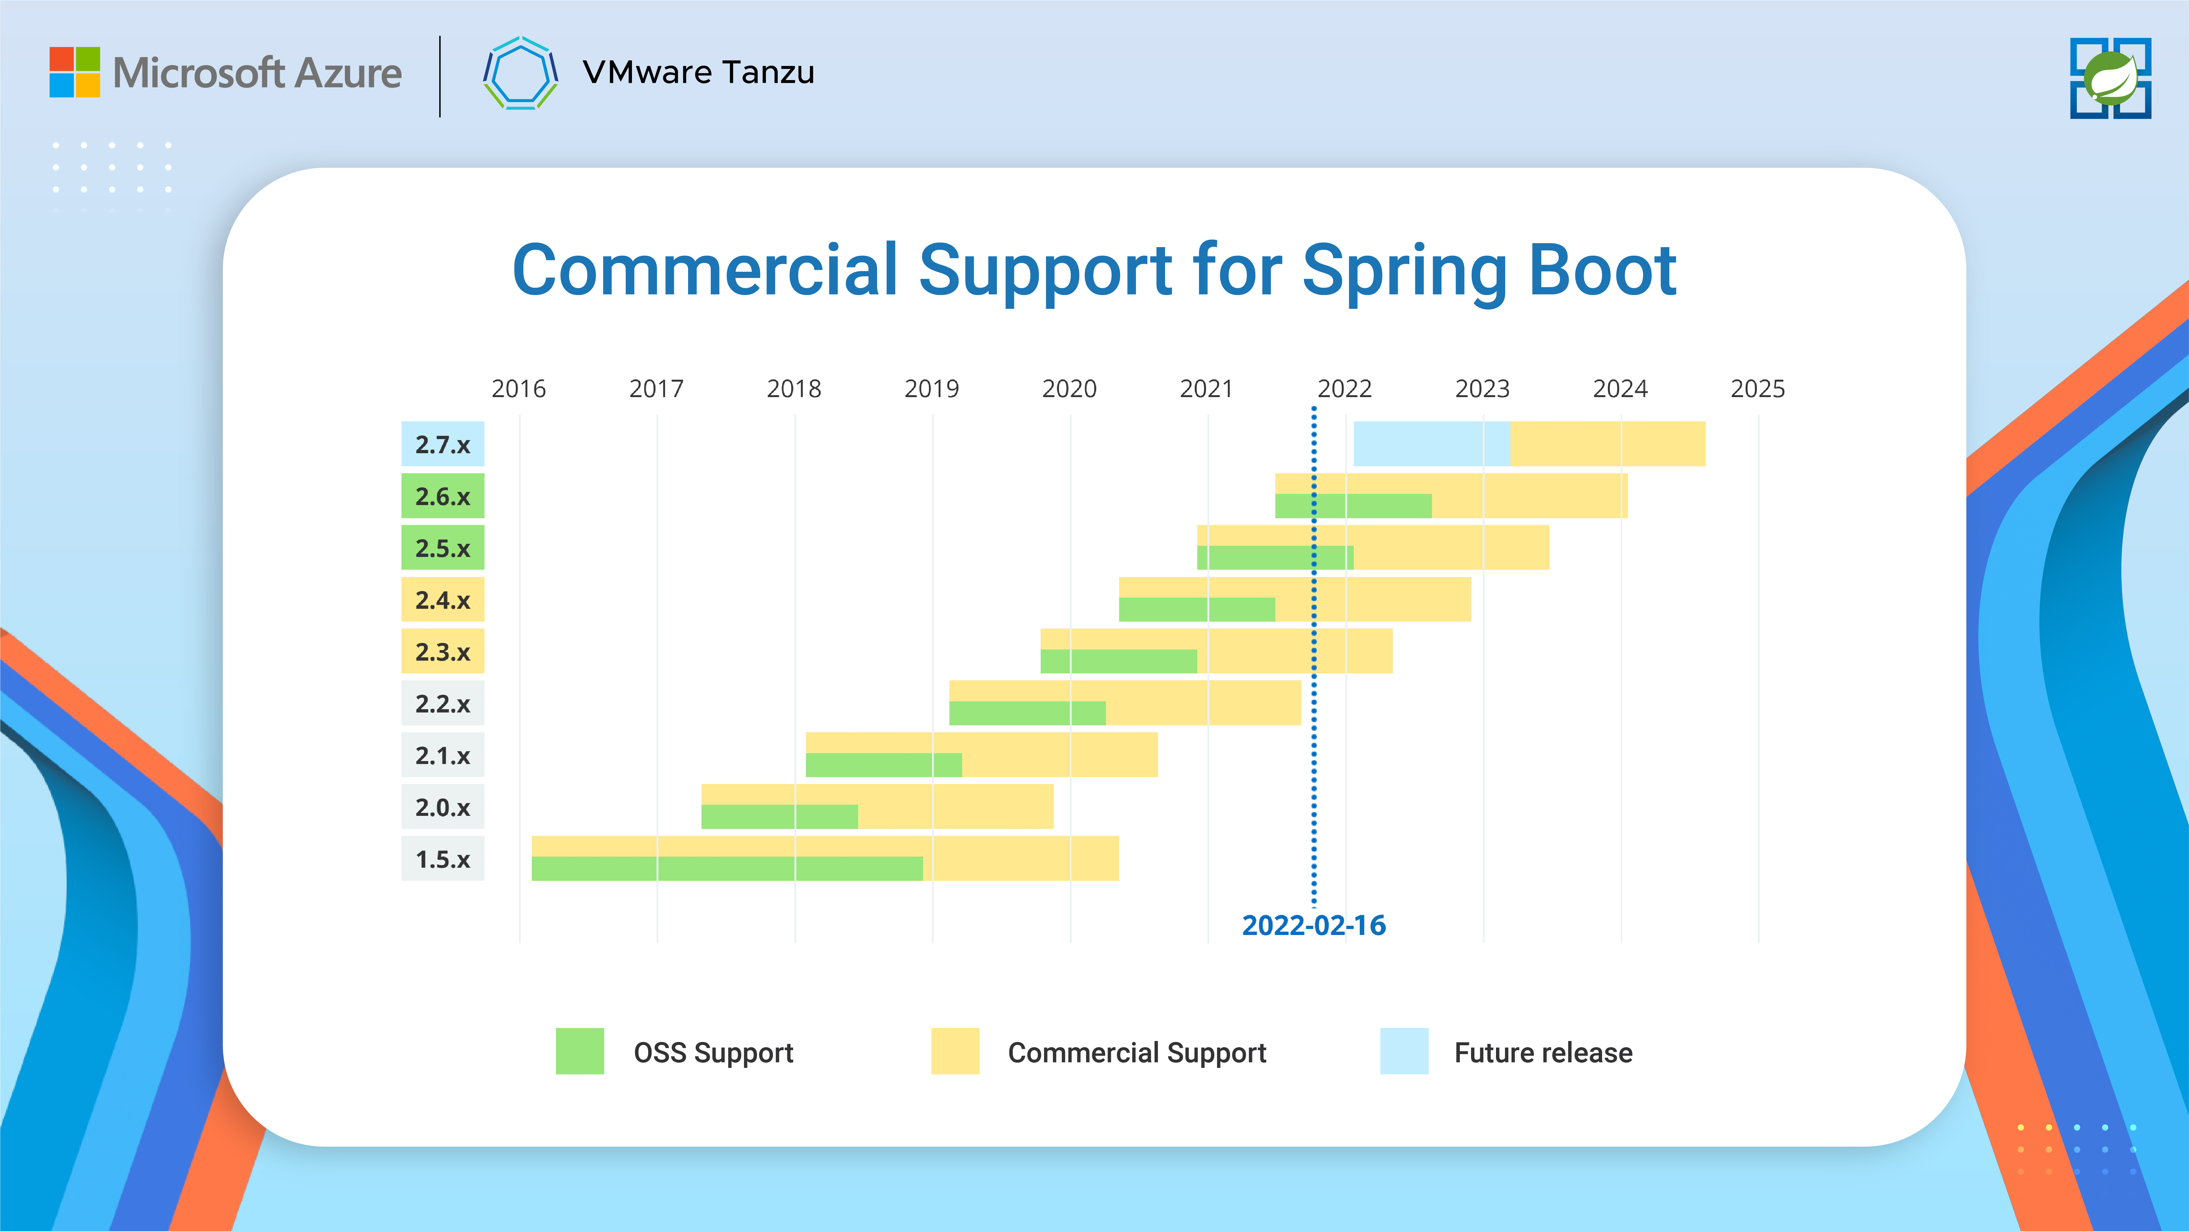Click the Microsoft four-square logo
point(75,72)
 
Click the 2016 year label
point(518,389)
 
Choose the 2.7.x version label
point(443,444)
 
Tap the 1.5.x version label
point(443,859)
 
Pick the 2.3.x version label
point(443,652)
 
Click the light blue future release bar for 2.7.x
point(1432,443)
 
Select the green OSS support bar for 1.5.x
point(727,868)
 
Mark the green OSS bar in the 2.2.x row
point(1028,713)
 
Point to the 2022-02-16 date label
point(1314,925)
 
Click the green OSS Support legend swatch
point(579,1051)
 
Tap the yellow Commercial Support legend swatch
point(955,1051)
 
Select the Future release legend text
point(1543,1052)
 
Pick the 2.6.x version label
point(443,496)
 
